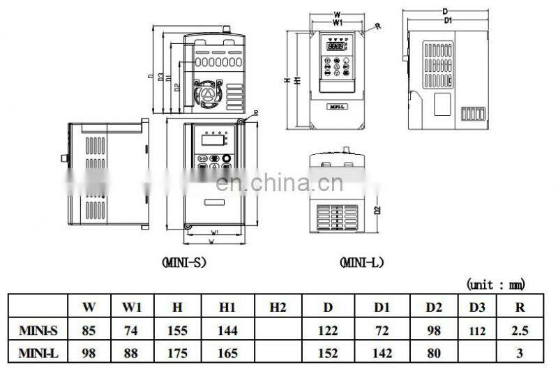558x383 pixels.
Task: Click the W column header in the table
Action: click(89, 306)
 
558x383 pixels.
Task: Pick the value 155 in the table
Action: click(178, 330)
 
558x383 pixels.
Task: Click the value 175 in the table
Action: click(178, 354)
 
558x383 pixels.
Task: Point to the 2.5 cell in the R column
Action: click(519, 330)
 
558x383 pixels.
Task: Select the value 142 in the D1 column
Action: click(381, 354)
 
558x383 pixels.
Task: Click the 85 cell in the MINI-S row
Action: click(89, 330)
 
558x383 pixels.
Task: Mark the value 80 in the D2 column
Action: click(434, 354)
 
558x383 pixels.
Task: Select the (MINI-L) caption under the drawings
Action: click(362, 262)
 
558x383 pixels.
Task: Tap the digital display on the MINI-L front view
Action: click(337, 45)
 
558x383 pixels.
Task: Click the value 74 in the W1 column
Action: click(132, 330)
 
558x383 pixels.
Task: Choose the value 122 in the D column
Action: click(328, 330)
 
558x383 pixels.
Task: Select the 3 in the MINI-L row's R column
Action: click(519, 354)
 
